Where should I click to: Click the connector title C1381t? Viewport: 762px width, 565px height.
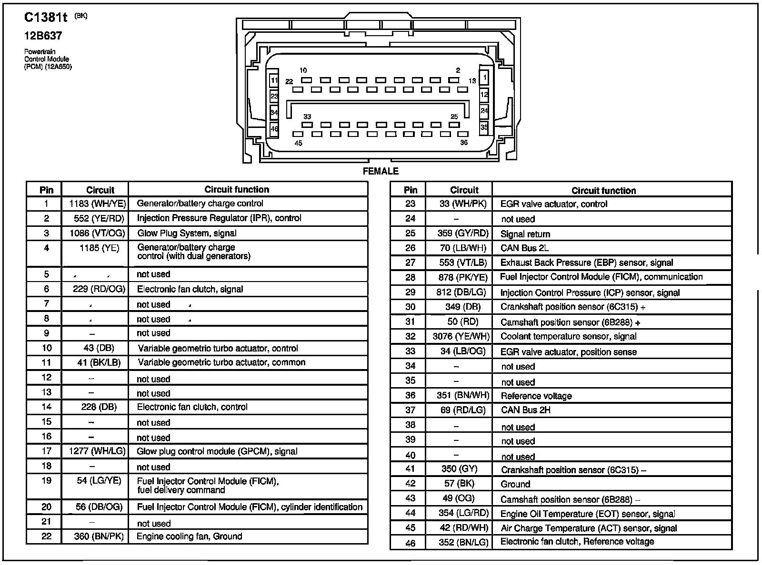[x=45, y=18]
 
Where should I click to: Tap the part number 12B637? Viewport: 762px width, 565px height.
[x=43, y=36]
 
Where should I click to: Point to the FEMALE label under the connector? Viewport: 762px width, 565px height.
[x=381, y=171]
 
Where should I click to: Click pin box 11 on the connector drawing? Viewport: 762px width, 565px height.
[x=274, y=80]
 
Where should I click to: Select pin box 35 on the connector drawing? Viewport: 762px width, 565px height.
[x=484, y=127]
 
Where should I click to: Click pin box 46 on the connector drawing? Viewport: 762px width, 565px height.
[x=274, y=128]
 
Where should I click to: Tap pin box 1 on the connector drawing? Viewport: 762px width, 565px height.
[x=484, y=78]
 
